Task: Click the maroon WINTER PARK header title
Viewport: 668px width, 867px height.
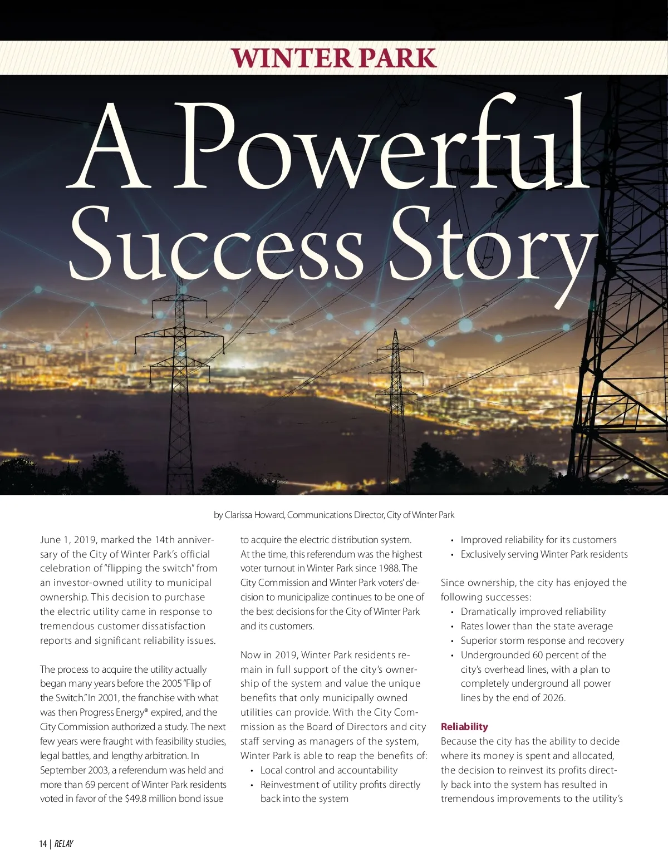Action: coord(333,58)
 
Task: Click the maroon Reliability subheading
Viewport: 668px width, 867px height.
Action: coord(464,727)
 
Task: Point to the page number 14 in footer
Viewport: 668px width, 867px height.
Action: coord(43,844)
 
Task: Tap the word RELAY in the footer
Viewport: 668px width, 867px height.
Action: coord(64,844)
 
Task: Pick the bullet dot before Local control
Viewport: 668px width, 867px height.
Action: coord(252,771)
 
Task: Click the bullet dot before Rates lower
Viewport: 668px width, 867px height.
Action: coord(453,627)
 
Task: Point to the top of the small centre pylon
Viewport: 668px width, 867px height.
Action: coord(395,332)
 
